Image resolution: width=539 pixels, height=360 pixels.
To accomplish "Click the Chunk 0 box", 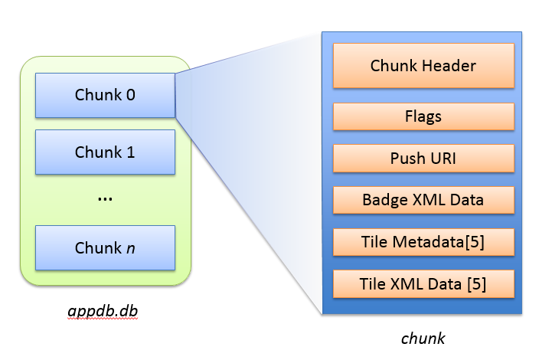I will [105, 96].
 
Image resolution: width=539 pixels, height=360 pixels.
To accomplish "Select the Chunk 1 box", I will [105, 152].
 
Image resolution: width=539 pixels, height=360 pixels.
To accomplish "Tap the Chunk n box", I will [105, 247].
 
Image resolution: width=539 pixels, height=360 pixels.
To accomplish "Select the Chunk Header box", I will [423, 65].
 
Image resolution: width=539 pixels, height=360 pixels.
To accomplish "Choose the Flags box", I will [423, 116].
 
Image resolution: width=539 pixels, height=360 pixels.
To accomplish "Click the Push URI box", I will [423, 159].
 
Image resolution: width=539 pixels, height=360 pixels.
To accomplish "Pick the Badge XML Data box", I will [423, 201].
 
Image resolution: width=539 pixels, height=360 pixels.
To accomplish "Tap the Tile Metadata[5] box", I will [423, 243].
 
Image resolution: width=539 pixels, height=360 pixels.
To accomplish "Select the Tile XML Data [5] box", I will [423, 284].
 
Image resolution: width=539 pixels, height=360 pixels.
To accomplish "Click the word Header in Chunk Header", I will [450, 66].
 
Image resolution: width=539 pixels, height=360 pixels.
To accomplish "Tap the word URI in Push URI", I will [442, 159].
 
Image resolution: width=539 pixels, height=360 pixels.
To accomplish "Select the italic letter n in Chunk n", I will [130, 248].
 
